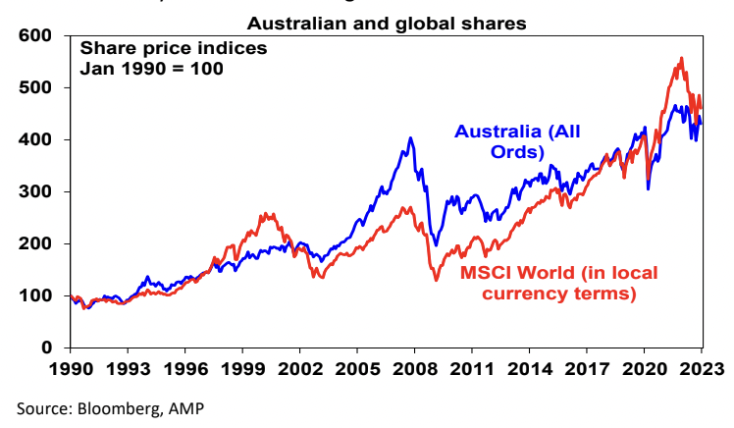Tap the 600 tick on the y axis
click(35, 36)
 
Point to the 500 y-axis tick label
click(35, 88)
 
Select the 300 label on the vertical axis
click(35, 192)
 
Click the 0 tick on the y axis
click(47, 348)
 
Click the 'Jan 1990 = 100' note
click(150, 69)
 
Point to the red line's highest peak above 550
click(681, 58)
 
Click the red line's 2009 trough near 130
click(436, 281)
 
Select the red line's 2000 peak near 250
click(266, 213)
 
